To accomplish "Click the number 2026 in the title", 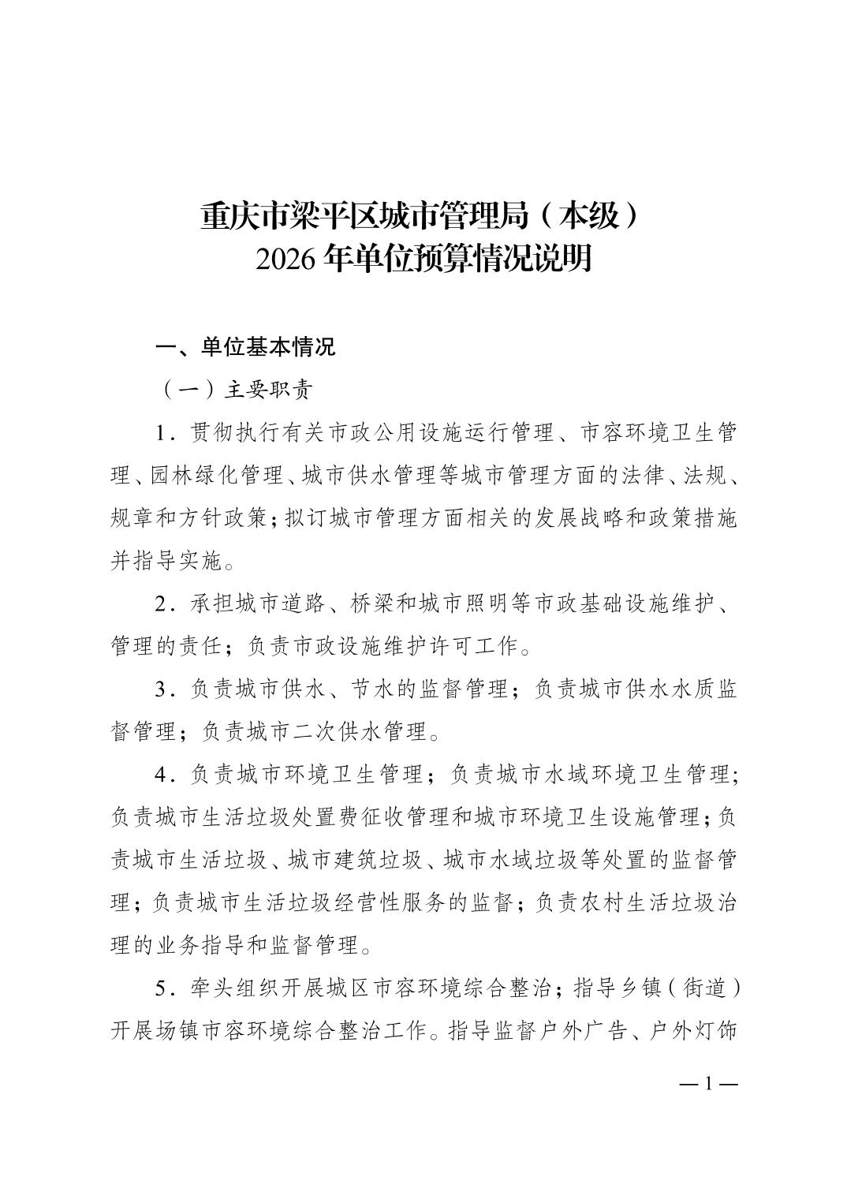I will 286,259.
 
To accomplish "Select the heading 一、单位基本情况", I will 245,347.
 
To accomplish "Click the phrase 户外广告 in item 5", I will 575,1031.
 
